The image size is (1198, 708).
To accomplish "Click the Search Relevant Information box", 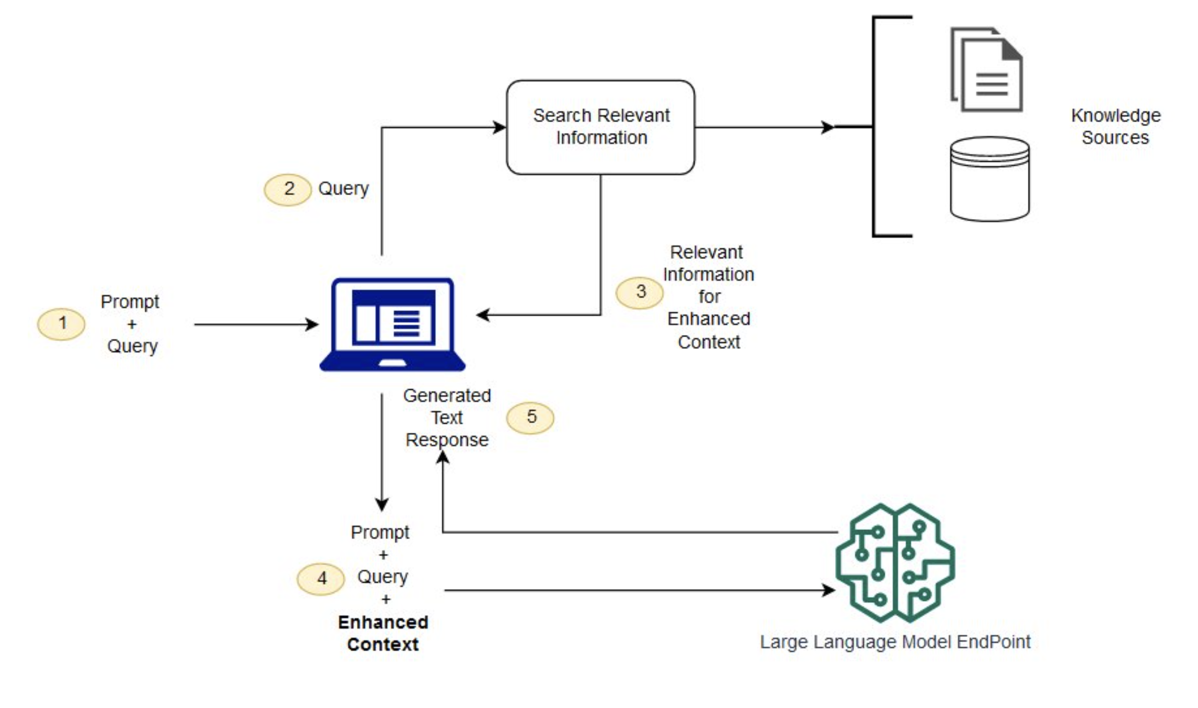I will coord(600,127).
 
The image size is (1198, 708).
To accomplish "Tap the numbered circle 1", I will coord(62,324).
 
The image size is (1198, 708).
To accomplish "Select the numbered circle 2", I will coord(288,189).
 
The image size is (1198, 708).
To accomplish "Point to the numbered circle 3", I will coord(640,292).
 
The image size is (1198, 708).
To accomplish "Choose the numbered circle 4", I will coord(321,579).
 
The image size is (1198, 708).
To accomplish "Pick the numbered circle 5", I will coord(530,418).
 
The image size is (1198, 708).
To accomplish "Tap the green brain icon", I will coord(895,563).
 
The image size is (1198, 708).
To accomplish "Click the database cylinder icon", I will coord(990,179).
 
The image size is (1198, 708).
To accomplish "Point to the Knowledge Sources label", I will coord(1115,126).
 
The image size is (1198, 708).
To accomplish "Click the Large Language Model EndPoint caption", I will coord(895,642).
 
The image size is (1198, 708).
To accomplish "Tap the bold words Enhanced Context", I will coord(383,634).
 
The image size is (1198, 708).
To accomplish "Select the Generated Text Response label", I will coord(447,417).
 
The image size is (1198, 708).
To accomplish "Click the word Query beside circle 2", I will coord(343,188).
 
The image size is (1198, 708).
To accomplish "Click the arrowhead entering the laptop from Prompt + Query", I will coord(312,324).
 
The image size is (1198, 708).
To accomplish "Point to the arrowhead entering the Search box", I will coord(500,127).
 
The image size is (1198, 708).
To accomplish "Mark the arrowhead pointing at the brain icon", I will coord(829,590).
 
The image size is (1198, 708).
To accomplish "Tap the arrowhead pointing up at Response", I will coord(443,458).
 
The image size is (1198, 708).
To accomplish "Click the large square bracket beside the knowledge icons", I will coord(874,126).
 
